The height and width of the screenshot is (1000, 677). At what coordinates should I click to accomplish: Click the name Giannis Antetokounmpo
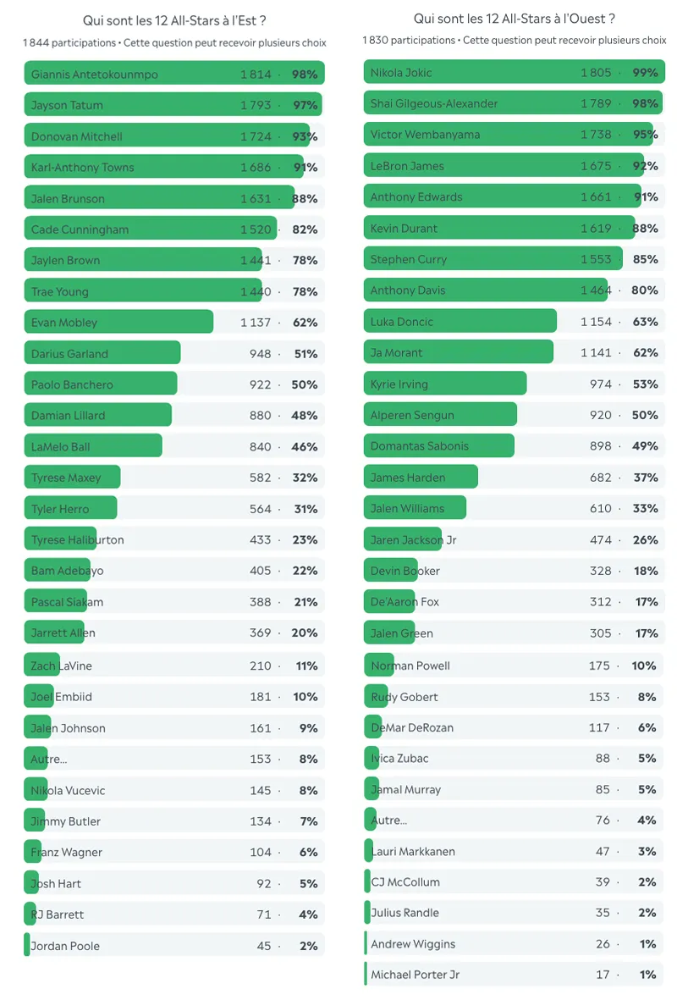pyautogui.click(x=94, y=75)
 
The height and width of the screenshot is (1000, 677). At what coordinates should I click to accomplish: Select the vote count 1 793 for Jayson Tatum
pyautogui.click(x=256, y=106)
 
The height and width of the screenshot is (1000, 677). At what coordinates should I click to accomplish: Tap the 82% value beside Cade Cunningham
pyautogui.click(x=305, y=229)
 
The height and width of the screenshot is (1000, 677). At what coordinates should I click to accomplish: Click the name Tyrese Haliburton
pyautogui.click(x=77, y=540)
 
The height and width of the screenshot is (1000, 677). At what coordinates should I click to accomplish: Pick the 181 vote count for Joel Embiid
pyautogui.click(x=260, y=697)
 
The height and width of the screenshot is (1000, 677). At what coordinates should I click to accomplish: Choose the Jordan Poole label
pyautogui.click(x=65, y=946)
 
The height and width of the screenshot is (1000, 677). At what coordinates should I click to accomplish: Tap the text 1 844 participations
pyautogui.click(x=69, y=42)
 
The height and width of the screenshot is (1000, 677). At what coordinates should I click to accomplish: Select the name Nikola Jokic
pyautogui.click(x=401, y=73)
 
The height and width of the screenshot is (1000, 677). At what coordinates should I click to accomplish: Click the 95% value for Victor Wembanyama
pyautogui.click(x=645, y=135)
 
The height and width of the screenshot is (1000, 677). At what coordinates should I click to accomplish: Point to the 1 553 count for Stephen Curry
pyautogui.click(x=596, y=259)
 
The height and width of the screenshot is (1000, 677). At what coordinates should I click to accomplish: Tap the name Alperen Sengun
pyautogui.click(x=412, y=415)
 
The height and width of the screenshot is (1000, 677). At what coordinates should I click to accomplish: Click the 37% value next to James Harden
pyautogui.click(x=645, y=478)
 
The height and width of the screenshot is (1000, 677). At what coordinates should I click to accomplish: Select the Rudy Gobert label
pyautogui.click(x=405, y=697)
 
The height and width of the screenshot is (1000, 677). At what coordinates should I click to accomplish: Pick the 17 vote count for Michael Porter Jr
pyautogui.click(x=602, y=975)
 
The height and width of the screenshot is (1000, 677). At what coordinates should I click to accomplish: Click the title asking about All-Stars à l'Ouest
pyautogui.click(x=514, y=19)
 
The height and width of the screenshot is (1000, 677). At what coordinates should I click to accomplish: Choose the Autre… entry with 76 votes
pyautogui.click(x=388, y=820)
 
